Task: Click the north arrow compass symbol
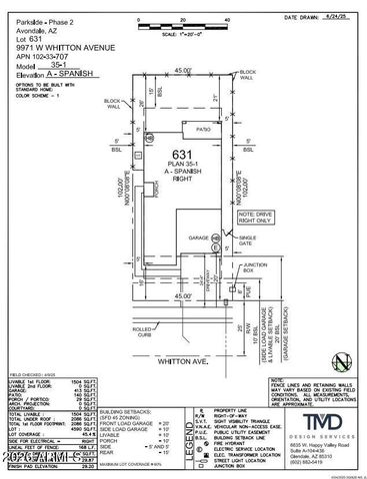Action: [342, 359]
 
